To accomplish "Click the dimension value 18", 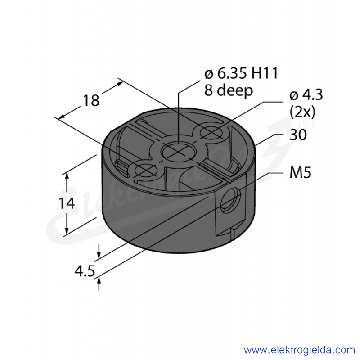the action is point(91,100).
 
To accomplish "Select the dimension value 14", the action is point(67,203).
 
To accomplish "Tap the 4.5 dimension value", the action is point(85,271).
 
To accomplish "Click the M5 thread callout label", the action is point(300,172).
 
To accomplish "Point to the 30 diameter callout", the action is point(298,135).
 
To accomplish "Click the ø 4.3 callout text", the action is point(306,95).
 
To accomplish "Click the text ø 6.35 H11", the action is point(241,73).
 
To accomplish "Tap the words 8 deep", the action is point(229,90).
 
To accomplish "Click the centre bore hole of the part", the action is point(179,152).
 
